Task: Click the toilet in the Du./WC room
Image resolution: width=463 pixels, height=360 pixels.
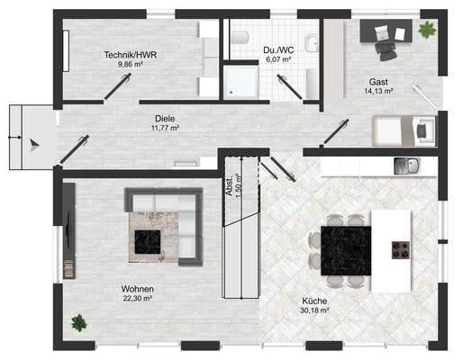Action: pyautogui.click(x=241, y=38)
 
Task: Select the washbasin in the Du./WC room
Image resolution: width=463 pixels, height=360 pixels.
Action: pyautogui.click(x=311, y=42)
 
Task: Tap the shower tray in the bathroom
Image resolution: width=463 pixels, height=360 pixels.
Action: pyautogui.click(x=241, y=82)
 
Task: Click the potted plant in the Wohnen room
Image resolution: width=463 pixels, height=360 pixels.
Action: pyautogui.click(x=79, y=320)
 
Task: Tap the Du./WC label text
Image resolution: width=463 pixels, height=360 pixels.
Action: pyautogui.click(x=277, y=49)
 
